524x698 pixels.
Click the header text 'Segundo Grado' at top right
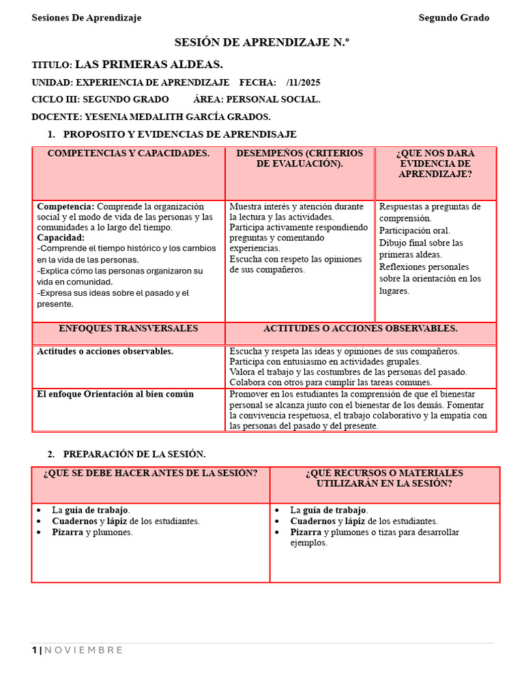[454, 18]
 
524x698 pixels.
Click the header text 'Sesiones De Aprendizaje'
[87, 18]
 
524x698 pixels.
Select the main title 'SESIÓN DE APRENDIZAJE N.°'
[262, 42]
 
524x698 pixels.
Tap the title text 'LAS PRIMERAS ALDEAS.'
[149, 65]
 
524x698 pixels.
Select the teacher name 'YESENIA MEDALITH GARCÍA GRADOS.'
[177, 117]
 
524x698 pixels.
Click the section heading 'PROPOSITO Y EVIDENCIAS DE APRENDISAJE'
[179, 134]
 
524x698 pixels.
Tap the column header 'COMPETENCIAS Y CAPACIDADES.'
[128, 153]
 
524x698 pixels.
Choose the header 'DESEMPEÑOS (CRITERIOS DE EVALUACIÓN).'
[300, 158]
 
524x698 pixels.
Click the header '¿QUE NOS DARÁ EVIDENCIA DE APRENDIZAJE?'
[435, 164]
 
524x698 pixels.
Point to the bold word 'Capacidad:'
[61, 238]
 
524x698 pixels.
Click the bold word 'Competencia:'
[65, 207]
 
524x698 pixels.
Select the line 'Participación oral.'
[414, 230]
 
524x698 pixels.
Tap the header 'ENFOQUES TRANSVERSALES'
[128, 329]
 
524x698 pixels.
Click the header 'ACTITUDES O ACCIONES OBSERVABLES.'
[360, 329]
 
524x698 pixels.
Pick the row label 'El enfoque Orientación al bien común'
[115, 394]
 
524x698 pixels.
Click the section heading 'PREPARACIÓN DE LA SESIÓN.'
[134, 454]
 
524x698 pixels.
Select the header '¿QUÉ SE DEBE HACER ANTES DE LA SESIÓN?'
[150, 473]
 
